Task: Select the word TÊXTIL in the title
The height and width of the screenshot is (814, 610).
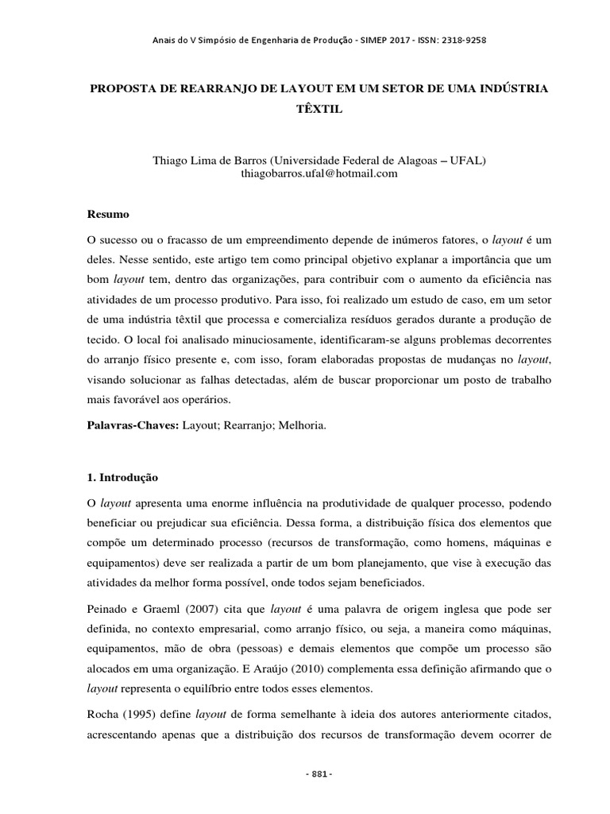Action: coord(319,109)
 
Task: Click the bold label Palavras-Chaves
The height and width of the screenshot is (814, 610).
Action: coord(131,425)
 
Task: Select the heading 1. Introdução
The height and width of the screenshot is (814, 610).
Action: coord(122,478)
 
